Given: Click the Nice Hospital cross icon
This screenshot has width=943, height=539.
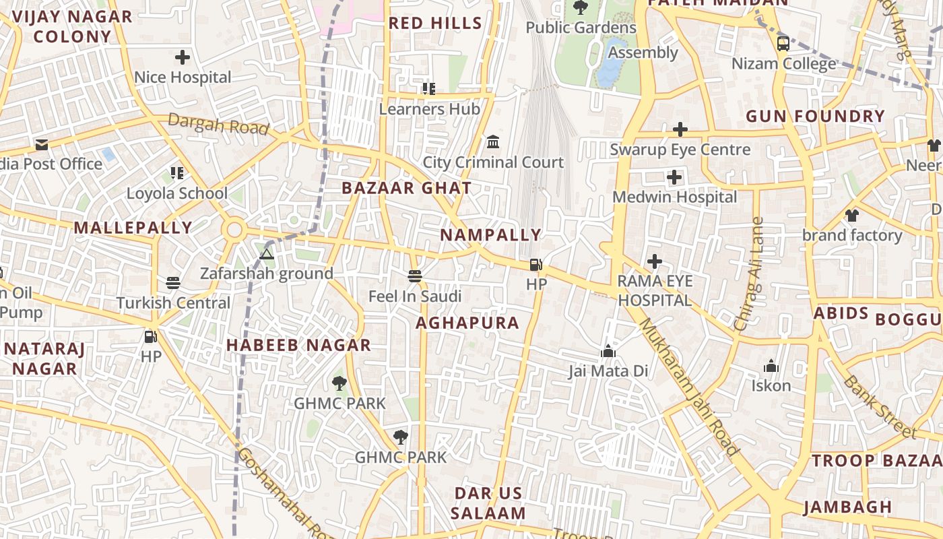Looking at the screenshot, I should (x=182, y=57).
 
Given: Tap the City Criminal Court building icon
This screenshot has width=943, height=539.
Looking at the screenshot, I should (x=493, y=142).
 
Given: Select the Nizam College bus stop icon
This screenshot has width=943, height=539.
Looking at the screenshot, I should (x=783, y=44).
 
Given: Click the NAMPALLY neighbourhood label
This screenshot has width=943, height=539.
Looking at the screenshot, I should (x=490, y=235).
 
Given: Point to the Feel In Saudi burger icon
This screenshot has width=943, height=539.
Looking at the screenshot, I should (x=415, y=276).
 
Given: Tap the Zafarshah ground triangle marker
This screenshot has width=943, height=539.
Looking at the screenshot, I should (x=267, y=254).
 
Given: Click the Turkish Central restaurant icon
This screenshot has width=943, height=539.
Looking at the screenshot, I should (x=173, y=283).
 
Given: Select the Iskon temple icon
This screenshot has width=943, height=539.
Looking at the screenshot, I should (x=771, y=366).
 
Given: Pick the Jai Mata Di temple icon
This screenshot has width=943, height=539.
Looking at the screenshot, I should (x=608, y=351).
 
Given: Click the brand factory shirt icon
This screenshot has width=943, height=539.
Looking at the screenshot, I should (x=852, y=216).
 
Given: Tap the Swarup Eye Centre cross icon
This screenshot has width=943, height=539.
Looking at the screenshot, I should (x=680, y=129).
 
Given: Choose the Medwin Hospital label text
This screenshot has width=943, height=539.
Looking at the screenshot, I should (x=674, y=197).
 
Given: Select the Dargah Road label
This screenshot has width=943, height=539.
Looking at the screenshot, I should (x=218, y=124).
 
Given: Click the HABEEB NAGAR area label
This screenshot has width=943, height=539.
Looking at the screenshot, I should (x=298, y=345).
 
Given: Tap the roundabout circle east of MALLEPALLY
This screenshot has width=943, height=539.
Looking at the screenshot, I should (x=234, y=230).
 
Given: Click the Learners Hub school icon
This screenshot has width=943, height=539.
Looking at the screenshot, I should (x=429, y=88).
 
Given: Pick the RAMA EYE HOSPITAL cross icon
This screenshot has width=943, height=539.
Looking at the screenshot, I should (x=654, y=261).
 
